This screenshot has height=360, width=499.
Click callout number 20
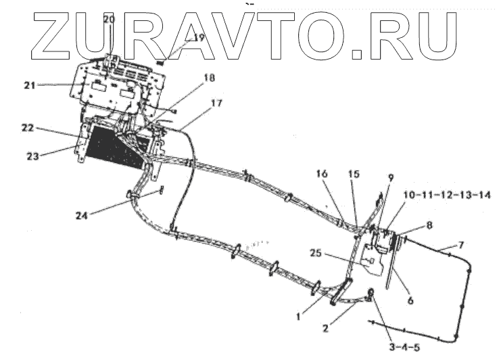pos(110,20)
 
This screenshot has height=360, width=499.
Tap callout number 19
pos(197,38)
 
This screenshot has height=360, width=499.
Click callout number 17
pos(216,104)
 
